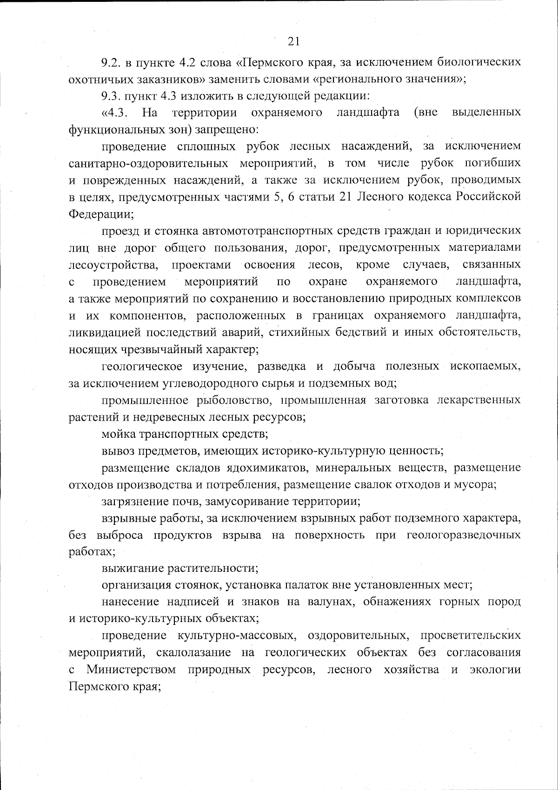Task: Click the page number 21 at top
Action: (x=293, y=41)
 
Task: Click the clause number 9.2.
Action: (x=112, y=62)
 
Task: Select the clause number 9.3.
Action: (x=112, y=96)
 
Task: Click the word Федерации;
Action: (x=101, y=214)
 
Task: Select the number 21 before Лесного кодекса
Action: (x=348, y=197)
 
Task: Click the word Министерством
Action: (x=131, y=669)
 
